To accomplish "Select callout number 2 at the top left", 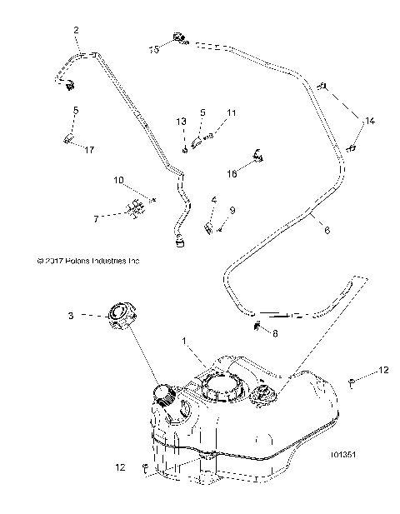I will [77, 31].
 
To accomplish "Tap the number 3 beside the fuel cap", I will [72, 316].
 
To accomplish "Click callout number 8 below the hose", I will [277, 331].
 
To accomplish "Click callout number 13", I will [181, 122].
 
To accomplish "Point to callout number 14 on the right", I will [369, 122].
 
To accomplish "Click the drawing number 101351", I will [345, 456].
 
